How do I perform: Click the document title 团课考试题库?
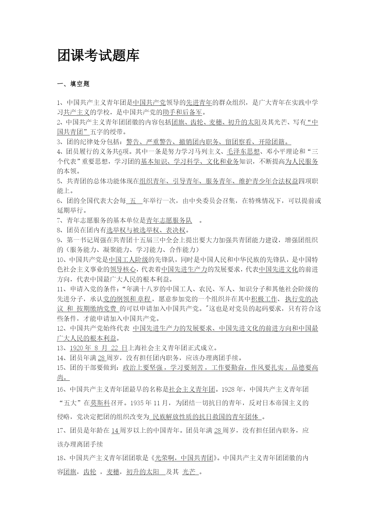pos(98,56)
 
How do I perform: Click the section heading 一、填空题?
pos(73,84)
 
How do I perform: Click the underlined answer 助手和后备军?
pos(182,112)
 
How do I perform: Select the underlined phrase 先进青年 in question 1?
pos(199,103)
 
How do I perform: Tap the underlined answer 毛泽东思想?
pos(243,152)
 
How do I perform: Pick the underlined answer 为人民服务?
pos(302,161)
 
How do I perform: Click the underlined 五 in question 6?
pos(133,201)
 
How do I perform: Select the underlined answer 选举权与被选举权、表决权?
pos(146,230)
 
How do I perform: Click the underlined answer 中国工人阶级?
pos(128,260)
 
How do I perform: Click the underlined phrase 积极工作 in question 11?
pos(264,299)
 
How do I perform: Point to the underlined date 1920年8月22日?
pos(99,348)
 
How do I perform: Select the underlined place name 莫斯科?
pos(100,403)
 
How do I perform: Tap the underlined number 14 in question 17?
pos(115,431)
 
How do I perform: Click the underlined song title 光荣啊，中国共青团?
pos(184,458)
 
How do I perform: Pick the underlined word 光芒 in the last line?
pos(189,472)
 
